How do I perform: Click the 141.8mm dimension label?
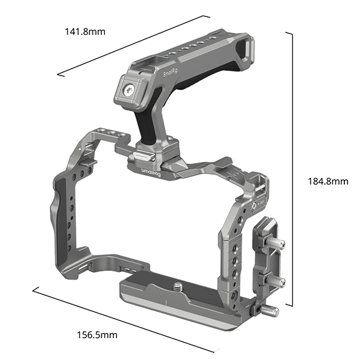coord(85,32)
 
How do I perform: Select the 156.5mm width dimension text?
coord(97,334)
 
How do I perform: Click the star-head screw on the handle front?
coord(130,91)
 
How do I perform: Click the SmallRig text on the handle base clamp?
coord(151,173)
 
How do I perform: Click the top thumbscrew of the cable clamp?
coord(277,245)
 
